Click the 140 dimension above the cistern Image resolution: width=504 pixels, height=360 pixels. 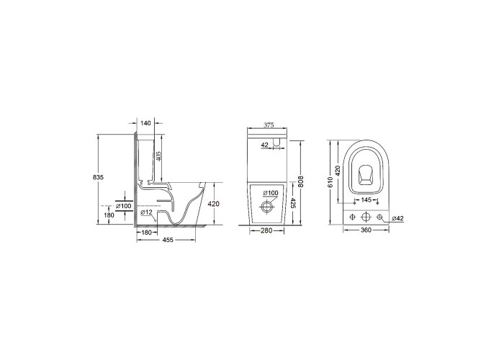tap(145, 123)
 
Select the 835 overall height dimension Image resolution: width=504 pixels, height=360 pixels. tap(98, 177)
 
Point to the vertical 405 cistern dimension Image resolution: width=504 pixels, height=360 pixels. tap(158, 156)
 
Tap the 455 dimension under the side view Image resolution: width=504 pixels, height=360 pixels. tap(168, 240)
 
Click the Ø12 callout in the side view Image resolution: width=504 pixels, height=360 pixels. tap(146, 212)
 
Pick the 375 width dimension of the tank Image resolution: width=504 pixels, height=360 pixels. tap(269, 125)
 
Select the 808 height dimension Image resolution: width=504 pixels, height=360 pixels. tap(302, 181)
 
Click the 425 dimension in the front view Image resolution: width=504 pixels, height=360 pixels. tap(293, 203)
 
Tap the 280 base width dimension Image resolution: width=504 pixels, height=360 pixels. tap(266, 230)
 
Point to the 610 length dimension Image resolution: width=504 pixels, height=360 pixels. tap(330, 182)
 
